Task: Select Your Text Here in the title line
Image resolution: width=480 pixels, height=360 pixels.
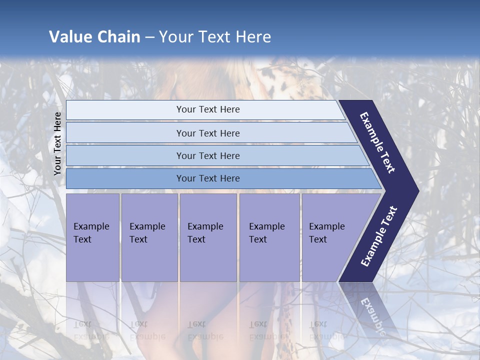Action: pyautogui.click(x=215, y=37)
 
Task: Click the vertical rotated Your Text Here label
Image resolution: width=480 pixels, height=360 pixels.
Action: pyautogui.click(x=57, y=144)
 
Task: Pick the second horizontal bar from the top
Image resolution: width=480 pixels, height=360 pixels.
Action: pyautogui.click(x=207, y=133)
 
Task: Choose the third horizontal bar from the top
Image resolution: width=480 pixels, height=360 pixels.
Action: pyautogui.click(x=207, y=156)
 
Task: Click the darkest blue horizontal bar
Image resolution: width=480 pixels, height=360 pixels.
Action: pyautogui.click(x=207, y=178)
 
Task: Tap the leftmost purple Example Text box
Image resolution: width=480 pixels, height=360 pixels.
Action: pyautogui.click(x=92, y=237)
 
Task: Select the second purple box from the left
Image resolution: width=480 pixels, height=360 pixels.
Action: pyautogui.click(x=149, y=237)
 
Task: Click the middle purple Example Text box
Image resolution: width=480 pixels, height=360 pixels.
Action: pyautogui.click(x=207, y=237)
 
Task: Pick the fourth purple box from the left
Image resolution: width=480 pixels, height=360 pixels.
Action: pyautogui.click(x=269, y=237)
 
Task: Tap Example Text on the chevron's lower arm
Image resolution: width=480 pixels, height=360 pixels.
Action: pyautogui.click(x=379, y=236)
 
